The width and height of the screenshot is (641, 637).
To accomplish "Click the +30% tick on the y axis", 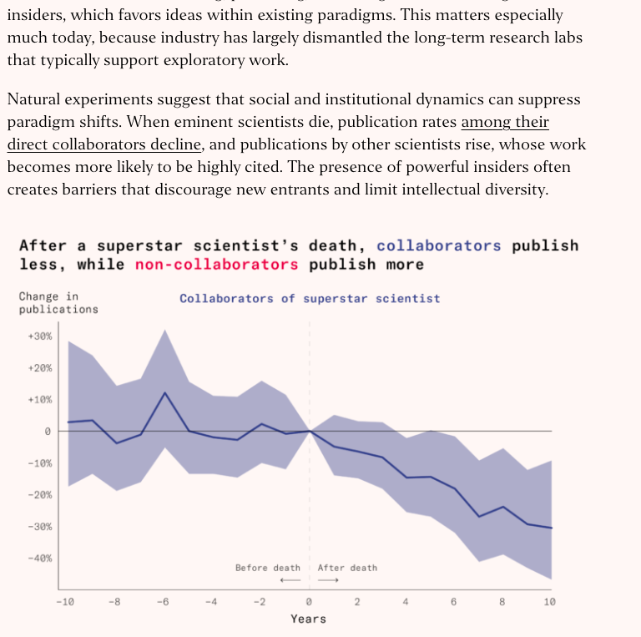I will (40, 336).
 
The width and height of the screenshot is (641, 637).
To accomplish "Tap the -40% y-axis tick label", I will (40, 559).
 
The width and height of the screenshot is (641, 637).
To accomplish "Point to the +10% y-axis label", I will (40, 400).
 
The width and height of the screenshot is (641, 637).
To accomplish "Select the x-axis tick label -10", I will (64, 602).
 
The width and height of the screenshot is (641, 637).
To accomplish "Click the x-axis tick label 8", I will (502, 602).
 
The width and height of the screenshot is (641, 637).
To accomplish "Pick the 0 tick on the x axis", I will (309, 602).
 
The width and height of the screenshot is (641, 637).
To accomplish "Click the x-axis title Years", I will (308, 619).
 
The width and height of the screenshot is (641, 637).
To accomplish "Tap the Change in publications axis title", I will (58, 303).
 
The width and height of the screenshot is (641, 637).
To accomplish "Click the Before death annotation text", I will (267, 569).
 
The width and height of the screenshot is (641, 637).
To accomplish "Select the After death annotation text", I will (347, 569).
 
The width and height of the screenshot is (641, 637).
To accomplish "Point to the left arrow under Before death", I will (290, 580).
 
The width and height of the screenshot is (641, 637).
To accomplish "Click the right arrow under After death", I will (328, 580).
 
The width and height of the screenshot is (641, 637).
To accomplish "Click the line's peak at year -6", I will (165, 392).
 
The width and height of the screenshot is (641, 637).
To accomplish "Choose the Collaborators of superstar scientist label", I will (310, 299).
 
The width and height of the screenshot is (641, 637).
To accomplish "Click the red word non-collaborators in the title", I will (211, 265).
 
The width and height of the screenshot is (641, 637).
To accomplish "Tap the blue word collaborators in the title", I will (439, 246).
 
